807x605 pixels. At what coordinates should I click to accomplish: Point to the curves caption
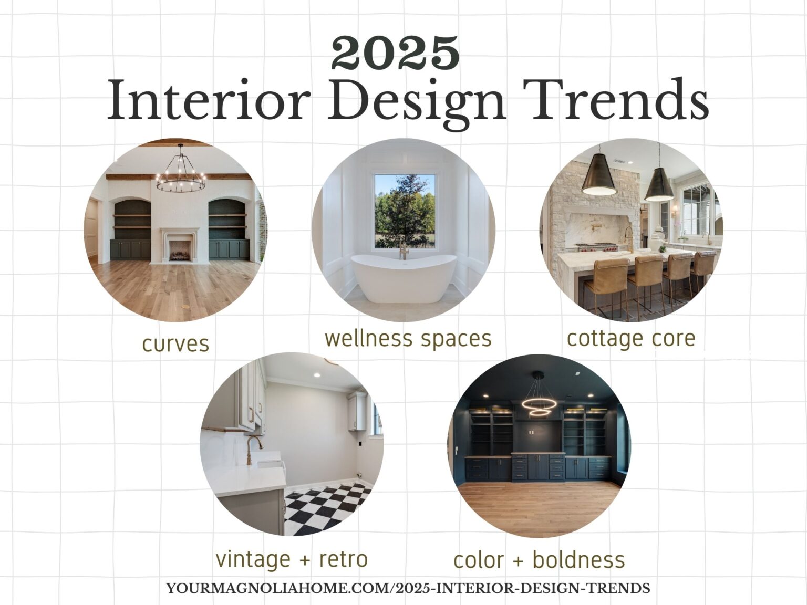point(175,344)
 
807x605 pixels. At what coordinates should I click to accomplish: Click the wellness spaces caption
point(408,338)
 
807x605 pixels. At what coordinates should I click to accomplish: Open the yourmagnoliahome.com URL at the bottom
point(408,588)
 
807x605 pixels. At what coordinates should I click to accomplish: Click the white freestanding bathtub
point(403,277)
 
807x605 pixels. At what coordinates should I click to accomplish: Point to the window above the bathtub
point(405,210)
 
